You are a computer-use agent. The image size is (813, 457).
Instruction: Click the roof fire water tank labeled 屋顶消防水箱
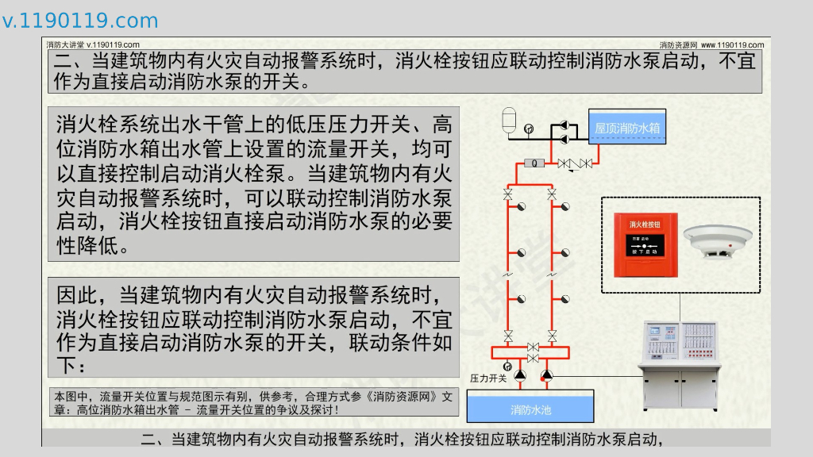[626, 127]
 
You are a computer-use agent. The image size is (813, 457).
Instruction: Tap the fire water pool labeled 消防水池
[530, 409]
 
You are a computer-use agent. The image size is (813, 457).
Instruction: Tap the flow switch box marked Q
[534, 163]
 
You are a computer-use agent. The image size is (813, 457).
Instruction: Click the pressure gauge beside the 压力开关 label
[507, 367]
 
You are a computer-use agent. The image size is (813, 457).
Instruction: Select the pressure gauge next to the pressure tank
[529, 129]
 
